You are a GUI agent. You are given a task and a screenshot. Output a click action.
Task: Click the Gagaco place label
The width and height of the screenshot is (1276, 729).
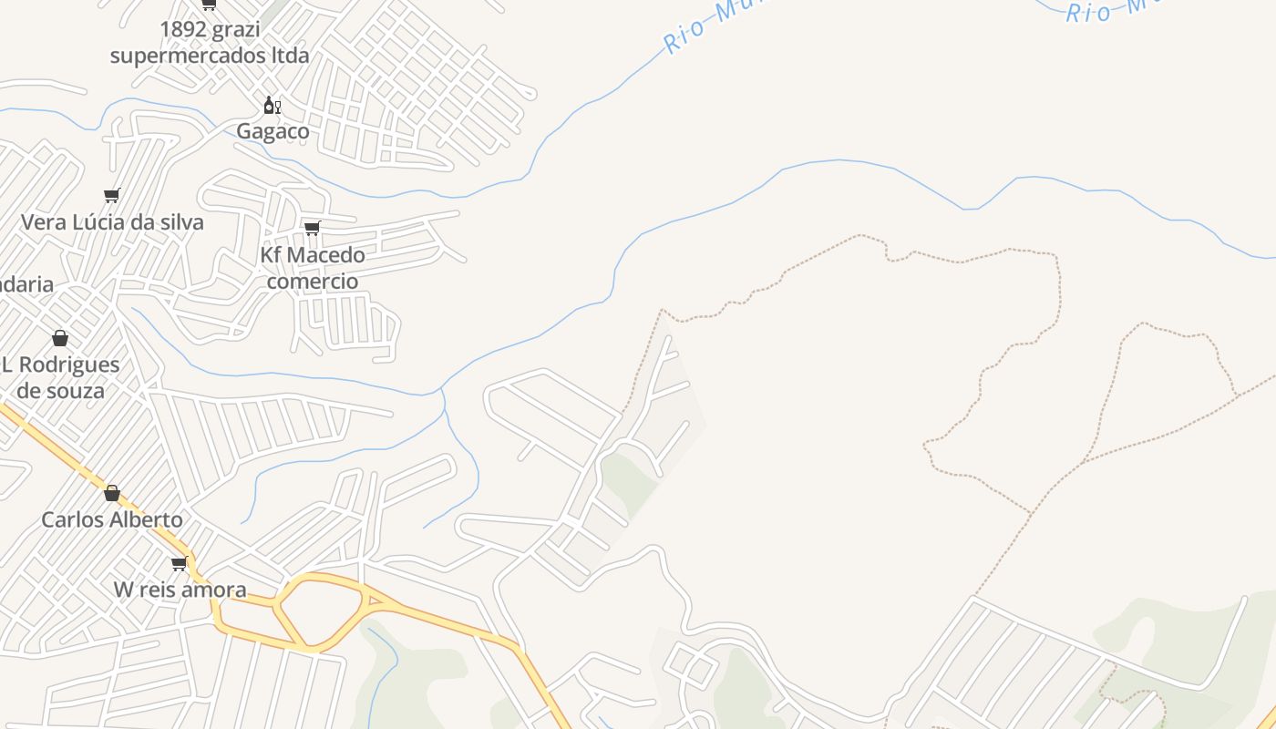click(273, 131)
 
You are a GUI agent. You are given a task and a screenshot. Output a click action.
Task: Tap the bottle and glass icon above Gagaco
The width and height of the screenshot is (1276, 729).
click(272, 106)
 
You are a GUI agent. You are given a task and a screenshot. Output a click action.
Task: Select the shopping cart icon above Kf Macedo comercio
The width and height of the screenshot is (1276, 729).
click(313, 228)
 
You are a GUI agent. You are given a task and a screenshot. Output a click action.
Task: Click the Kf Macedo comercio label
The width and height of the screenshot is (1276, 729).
click(313, 268)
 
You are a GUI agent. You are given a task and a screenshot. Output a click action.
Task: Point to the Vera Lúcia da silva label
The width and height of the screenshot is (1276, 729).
click(112, 222)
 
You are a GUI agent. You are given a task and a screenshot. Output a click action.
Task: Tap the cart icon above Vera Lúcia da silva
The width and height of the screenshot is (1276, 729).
click(112, 195)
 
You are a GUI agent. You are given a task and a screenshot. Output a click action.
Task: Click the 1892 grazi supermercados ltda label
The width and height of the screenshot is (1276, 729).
click(210, 42)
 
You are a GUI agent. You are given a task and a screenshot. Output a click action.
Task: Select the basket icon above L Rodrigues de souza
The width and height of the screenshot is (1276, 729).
click(60, 339)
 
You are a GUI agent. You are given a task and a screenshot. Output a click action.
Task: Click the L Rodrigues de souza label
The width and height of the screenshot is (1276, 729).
click(60, 377)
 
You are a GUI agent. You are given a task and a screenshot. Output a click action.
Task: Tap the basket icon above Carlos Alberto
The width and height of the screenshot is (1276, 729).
click(112, 493)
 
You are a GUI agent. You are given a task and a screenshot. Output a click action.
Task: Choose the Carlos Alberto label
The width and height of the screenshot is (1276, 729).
click(112, 520)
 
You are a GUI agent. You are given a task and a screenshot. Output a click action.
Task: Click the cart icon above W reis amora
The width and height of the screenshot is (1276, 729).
click(180, 563)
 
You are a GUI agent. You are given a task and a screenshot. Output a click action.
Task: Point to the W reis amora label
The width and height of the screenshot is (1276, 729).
click(180, 590)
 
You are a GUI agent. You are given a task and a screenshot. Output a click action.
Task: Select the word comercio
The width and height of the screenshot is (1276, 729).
click(313, 281)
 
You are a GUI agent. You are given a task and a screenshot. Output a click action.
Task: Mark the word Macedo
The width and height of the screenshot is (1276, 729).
click(325, 255)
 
